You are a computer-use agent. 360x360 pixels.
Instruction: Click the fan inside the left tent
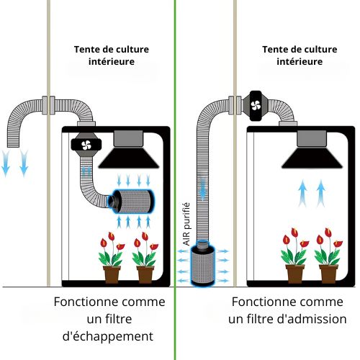click(x=86, y=145)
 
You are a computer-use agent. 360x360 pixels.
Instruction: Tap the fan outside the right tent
click(x=256, y=106)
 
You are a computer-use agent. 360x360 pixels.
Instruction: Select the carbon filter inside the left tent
click(x=131, y=202)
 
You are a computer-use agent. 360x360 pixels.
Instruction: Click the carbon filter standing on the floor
click(x=203, y=264)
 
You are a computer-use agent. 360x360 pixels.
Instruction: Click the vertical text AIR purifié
click(x=186, y=224)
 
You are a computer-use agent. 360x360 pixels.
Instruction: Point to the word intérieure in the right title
click(x=300, y=62)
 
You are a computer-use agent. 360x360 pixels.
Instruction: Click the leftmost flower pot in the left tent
click(x=112, y=274)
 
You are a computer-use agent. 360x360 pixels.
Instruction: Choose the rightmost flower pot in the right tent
click(x=328, y=274)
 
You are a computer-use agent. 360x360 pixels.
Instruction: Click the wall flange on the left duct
click(x=48, y=105)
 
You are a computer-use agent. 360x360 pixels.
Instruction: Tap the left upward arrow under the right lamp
click(x=302, y=194)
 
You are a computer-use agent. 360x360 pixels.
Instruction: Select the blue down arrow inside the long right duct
click(x=203, y=189)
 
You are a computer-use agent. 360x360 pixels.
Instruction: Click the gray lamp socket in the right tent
click(x=312, y=139)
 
